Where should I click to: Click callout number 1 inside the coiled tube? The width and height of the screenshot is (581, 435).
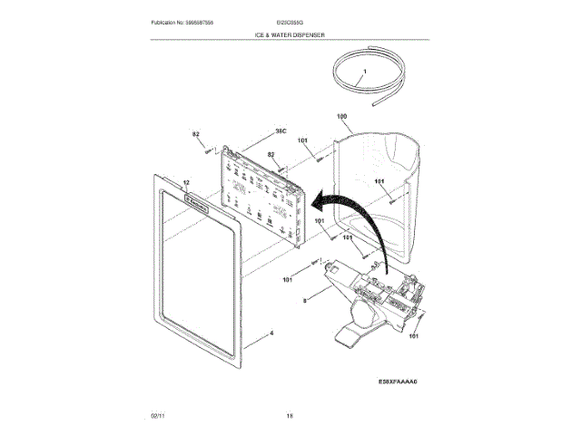pyautogui.click(x=365, y=71)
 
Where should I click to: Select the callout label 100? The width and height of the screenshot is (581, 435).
pyautogui.click(x=342, y=117)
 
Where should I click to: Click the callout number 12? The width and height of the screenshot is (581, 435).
pyautogui.click(x=186, y=182)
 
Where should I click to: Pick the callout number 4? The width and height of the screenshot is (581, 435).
pyautogui.click(x=270, y=333)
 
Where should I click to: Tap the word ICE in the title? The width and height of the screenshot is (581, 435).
pyautogui.click(x=261, y=34)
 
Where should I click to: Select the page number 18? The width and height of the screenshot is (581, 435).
pyautogui.click(x=290, y=415)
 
